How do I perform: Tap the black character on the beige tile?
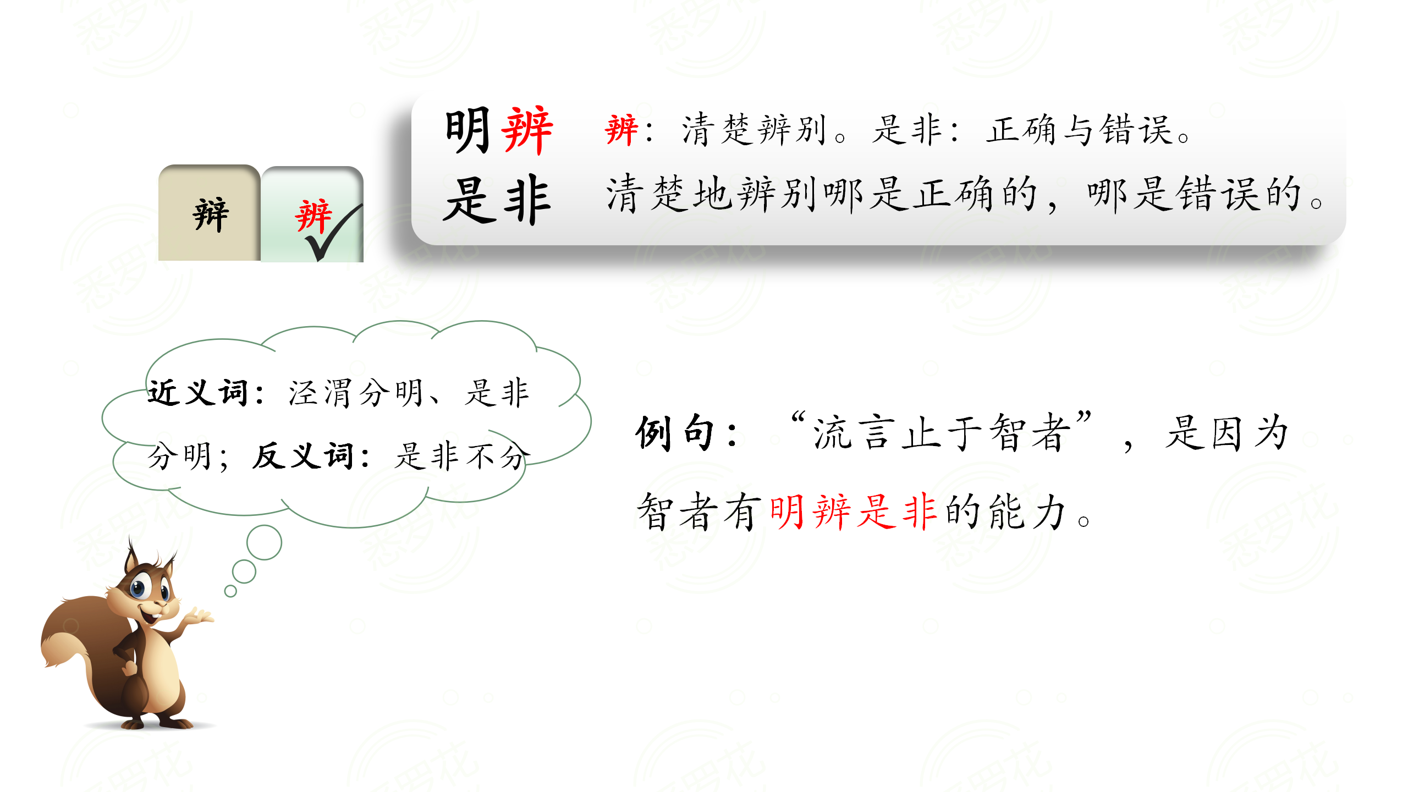pyautogui.click(x=211, y=215)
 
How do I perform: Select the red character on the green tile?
pyautogui.click(x=313, y=216)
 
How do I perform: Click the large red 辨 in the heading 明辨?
pyautogui.click(x=527, y=130)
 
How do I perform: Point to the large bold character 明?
pyautogui.click(x=468, y=130)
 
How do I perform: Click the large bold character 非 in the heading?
pyautogui.click(x=527, y=199)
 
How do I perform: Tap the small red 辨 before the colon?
pyautogui.click(x=621, y=130)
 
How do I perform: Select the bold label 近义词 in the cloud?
pyautogui.click(x=198, y=393)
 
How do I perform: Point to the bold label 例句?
pyautogui.click(x=676, y=433)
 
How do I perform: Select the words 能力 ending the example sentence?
pyautogui.click(x=1027, y=512)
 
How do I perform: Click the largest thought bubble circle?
pyautogui.click(x=265, y=542)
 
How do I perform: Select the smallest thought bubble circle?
pyautogui.click(x=230, y=591)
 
